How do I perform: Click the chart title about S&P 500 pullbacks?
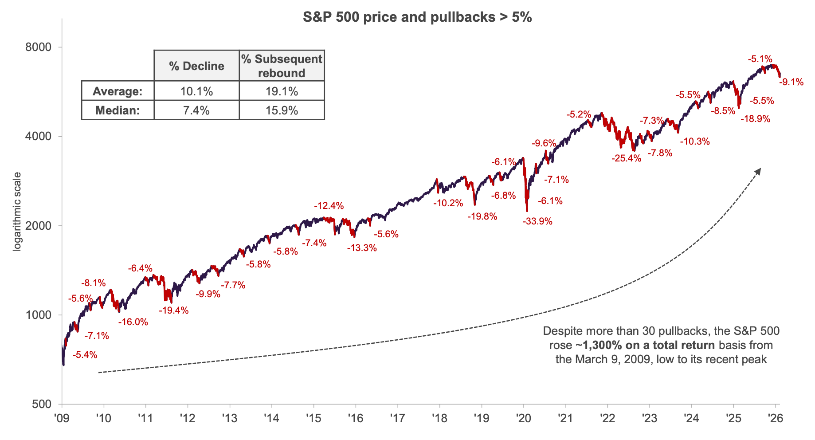[x=417, y=17]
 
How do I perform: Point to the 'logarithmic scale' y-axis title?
[x=17, y=212]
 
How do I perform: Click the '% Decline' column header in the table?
[x=196, y=66]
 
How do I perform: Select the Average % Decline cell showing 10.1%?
[x=196, y=91]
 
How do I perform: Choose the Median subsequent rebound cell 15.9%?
[x=282, y=110]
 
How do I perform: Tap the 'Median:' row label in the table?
[x=118, y=110]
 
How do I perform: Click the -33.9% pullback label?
[x=537, y=221]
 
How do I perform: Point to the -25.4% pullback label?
[x=626, y=158]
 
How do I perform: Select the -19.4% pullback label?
[x=173, y=310]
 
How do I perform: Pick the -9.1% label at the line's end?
[x=791, y=82]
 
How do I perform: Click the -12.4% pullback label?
[x=329, y=206]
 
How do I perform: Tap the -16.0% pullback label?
[x=133, y=322]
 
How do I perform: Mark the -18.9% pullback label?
[x=755, y=118]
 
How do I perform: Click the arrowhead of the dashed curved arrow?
[x=759, y=170]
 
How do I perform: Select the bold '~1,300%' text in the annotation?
[x=598, y=345]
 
